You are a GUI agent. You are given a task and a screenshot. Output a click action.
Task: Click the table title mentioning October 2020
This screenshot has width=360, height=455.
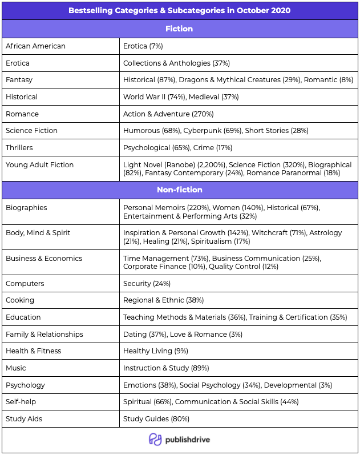180,10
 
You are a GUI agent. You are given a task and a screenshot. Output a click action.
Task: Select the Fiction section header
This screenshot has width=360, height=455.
180,29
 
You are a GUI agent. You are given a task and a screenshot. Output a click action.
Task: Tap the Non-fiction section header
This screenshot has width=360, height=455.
180,190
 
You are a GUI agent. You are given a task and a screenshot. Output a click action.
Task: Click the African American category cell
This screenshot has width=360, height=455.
35,46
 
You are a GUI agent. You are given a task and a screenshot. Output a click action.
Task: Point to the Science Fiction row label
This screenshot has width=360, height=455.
31,131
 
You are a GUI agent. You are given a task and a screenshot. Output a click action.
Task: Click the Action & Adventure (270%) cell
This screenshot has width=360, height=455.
164,114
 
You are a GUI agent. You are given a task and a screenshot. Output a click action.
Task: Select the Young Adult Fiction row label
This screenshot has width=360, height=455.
39,165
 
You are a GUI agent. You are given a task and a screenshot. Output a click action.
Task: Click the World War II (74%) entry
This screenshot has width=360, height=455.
154,97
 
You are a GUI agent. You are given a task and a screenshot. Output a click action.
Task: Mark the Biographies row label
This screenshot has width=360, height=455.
26,208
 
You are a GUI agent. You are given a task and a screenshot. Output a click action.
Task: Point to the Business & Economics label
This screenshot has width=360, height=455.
44,259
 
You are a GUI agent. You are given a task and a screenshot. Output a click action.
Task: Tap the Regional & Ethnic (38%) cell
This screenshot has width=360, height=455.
163,300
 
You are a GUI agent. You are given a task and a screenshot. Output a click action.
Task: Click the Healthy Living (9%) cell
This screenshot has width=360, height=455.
156,351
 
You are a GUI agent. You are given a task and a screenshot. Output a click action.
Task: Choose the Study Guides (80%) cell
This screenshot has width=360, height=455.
156,419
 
